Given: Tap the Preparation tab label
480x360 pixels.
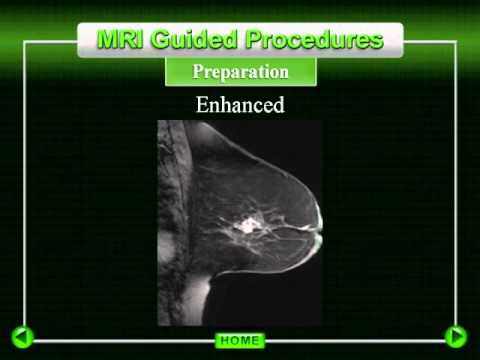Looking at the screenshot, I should tap(240, 72).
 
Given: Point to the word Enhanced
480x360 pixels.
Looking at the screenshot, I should tap(240, 104).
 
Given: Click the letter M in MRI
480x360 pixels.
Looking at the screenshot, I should tap(108, 39).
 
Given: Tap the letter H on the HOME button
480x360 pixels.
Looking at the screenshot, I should tap(224, 341).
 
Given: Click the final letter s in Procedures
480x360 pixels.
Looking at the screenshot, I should tap(377, 40).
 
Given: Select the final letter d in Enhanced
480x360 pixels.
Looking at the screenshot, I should tap(279, 104).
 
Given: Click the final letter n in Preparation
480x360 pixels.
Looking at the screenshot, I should tap(284, 73).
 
